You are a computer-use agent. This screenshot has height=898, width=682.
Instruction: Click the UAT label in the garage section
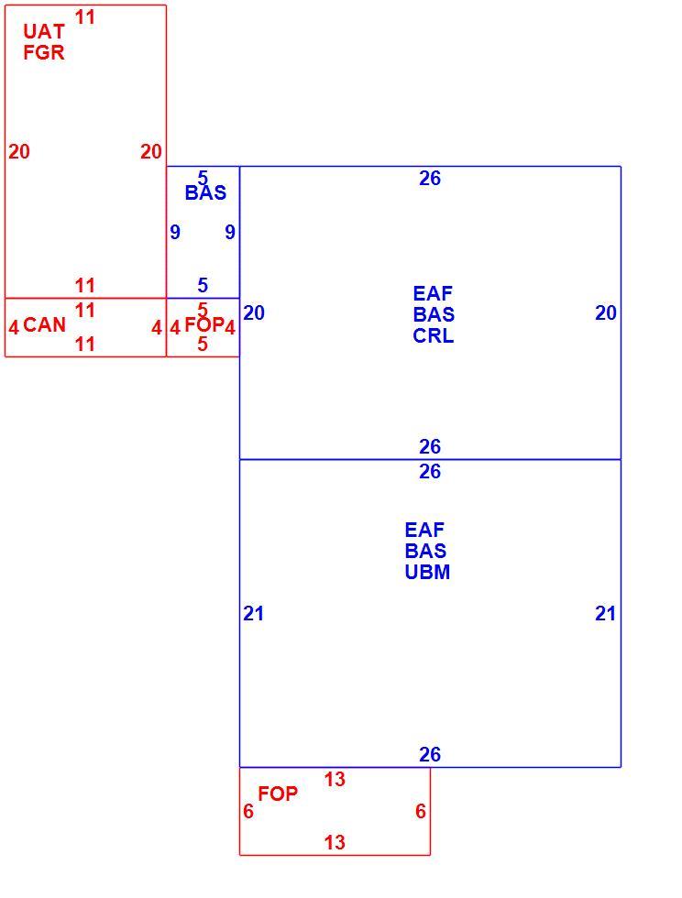click(44, 31)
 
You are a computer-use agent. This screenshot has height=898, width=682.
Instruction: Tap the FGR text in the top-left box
click(44, 52)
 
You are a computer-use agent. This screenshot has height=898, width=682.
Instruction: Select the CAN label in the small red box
click(45, 324)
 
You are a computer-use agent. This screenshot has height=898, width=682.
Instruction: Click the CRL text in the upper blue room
click(434, 335)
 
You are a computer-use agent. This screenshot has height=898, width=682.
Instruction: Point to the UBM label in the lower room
click(427, 572)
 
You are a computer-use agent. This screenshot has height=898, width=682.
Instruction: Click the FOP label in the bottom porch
click(278, 794)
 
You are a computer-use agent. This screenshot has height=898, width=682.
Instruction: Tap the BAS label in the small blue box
click(205, 192)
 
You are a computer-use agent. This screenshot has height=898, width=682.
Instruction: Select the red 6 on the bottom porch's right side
click(421, 811)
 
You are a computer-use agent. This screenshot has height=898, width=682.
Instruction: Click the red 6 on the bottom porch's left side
click(248, 811)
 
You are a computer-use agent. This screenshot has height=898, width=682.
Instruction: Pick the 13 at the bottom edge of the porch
click(335, 842)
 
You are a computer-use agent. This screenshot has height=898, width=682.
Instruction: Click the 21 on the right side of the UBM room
click(605, 613)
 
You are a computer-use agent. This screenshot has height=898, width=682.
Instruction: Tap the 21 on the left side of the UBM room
click(253, 613)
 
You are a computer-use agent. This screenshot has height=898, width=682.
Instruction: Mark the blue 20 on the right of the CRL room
click(606, 312)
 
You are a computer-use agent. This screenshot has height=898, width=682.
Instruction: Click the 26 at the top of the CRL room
click(430, 178)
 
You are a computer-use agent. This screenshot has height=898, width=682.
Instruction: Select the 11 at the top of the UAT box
click(85, 17)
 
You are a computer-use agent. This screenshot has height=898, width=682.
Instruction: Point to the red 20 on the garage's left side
click(19, 151)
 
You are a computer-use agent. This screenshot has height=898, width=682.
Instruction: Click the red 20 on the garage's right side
click(151, 151)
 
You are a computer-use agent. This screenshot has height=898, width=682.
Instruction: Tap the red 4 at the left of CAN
click(14, 327)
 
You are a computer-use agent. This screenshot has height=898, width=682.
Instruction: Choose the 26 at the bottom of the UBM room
click(430, 754)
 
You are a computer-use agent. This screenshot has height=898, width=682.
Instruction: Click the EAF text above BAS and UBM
click(424, 530)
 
